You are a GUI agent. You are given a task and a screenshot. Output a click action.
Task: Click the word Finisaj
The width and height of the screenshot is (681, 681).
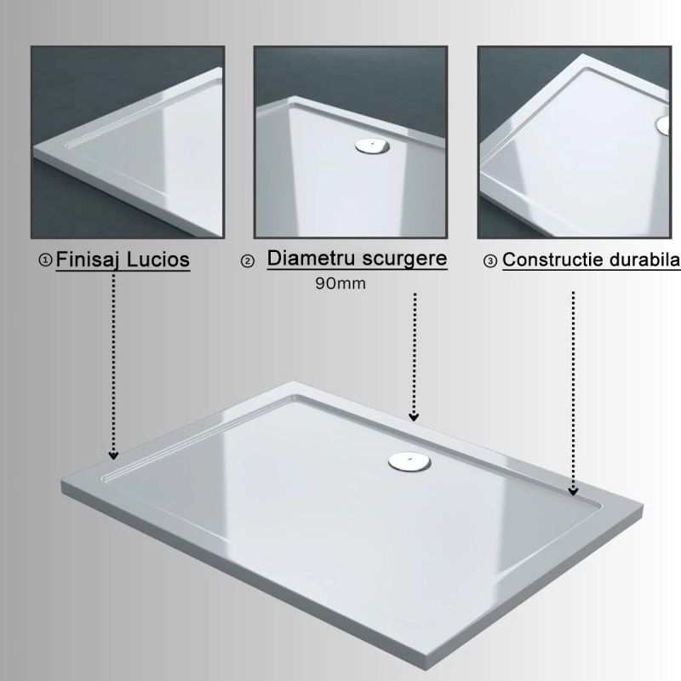[x=87, y=260]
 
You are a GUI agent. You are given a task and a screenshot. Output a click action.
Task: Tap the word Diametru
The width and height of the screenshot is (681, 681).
[x=312, y=259]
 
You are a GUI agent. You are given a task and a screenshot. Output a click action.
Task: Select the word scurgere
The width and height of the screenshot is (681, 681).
[x=405, y=259]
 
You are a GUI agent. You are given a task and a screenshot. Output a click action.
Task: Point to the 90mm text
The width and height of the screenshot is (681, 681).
[x=340, y=283]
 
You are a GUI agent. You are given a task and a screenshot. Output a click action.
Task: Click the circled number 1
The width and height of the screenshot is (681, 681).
[x=45, y=260]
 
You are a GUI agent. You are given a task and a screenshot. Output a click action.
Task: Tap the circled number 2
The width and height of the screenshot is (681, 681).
[x=248, y=261]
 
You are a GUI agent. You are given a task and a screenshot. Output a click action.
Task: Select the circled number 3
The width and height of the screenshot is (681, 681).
[x=490, y=261]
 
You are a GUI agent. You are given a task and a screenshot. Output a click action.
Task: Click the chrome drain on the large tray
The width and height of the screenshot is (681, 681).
[x=409, y=461]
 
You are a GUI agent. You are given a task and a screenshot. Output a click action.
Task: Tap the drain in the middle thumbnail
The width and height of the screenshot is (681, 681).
[x=372, y=146]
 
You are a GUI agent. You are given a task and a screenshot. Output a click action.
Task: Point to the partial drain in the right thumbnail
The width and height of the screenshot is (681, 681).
[x=664, y=125]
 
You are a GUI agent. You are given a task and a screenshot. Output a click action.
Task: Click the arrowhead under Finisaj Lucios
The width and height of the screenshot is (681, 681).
[x=113, y=455]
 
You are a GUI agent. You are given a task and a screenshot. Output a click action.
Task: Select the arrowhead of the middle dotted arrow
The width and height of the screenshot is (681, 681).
[x=414, y=416]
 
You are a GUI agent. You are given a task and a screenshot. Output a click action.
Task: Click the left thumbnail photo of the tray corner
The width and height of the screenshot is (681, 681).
[x=128, y=142]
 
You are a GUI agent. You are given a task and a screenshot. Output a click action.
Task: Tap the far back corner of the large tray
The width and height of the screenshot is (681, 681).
[x=294, y=382]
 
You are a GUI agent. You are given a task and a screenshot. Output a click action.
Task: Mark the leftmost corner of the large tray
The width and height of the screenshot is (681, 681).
[x=62, y=480]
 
